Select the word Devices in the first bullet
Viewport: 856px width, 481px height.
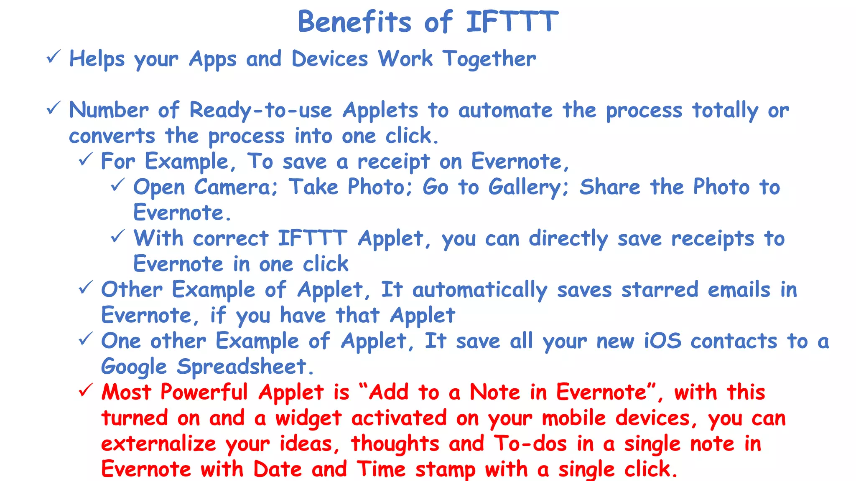pos(330,59)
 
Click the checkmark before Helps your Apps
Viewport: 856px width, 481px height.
pos(53,56)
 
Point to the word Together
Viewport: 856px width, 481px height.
pos(489,59)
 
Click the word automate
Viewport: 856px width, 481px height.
pos(505,111)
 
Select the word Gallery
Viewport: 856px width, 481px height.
pos(529,187)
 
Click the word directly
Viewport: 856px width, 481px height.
pos(568,239)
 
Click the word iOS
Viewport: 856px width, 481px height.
pos(662,341)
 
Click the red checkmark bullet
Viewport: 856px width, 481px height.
pos(85,390)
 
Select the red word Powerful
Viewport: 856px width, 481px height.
pos(204,392)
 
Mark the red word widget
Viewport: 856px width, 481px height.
pos(308,418)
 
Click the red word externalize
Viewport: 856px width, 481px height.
pos(159,444)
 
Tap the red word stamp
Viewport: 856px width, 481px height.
pos(445,469)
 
